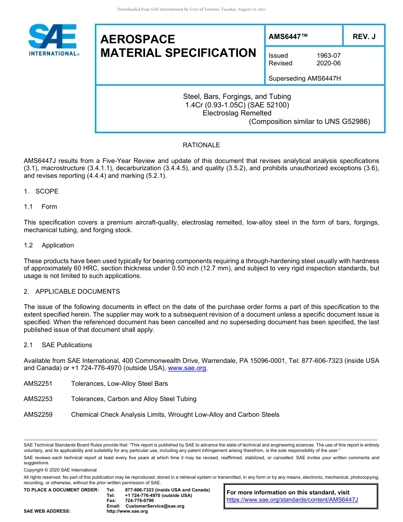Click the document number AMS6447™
[x=288, y=37]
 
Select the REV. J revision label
[x=364, y=37]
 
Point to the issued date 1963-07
[x=328, y=56]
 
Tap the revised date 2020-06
[x=328, y=63]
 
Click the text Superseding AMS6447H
[x=305, y=79]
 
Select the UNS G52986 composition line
[x=309, y=121]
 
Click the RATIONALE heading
[x=201, y=145]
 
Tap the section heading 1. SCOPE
[x=41, y=191]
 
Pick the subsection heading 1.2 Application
[x=49, y=245]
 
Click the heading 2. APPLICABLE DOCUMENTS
[x=72, y=292]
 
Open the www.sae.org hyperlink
[x=187, y=368]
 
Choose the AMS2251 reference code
[x=38, y=384]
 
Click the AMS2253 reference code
[x=38, y=399]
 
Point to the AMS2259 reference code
[x=38, y=415]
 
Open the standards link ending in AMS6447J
[x=292, y=500]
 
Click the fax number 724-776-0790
[x=140, y=501]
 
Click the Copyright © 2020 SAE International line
[x=60, y=470]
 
